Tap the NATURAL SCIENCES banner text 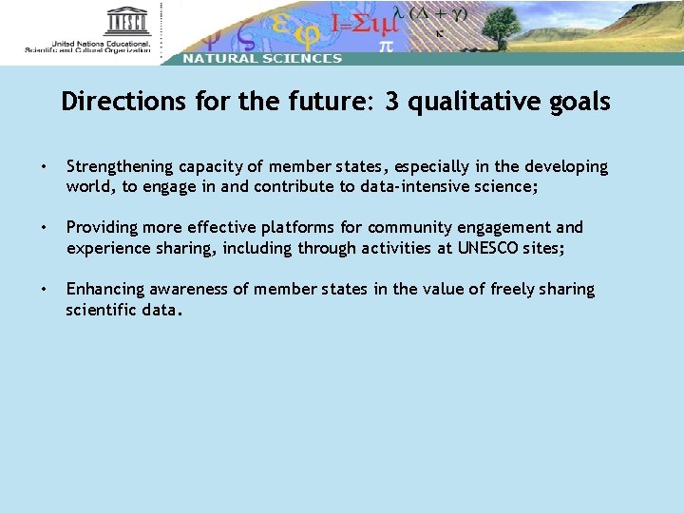click(261, 58)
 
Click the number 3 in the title click(391, 102)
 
